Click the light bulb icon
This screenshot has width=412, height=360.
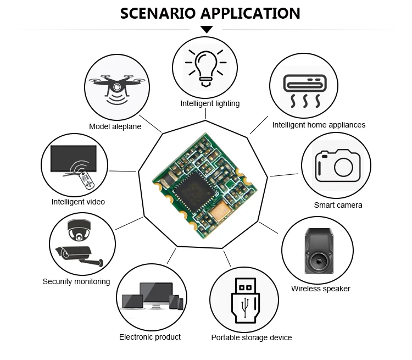(x=205, y=67)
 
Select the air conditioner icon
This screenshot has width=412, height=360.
(x=303, y=89)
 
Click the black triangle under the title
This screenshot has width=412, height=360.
(x=207, y=29)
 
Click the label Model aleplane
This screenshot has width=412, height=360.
(x=115, y=126)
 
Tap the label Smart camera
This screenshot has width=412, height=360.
(x=338, y=205)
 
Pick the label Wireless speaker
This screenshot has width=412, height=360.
(x=320, y=289)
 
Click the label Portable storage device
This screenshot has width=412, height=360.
(x=251, y=337)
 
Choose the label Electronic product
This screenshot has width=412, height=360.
(x=149, y=336)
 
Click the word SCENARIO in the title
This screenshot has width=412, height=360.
(x=155, y=13)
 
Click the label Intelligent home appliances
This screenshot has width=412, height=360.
(x=319, y=125)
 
